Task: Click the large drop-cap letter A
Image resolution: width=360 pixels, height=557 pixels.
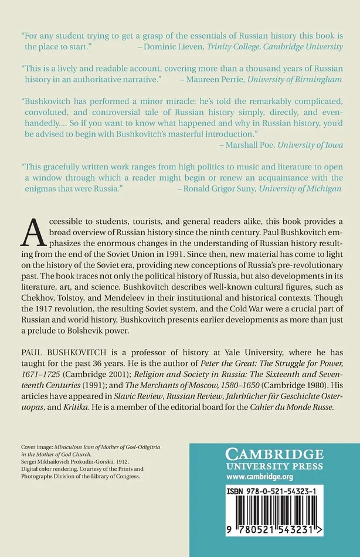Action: [32, 232]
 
